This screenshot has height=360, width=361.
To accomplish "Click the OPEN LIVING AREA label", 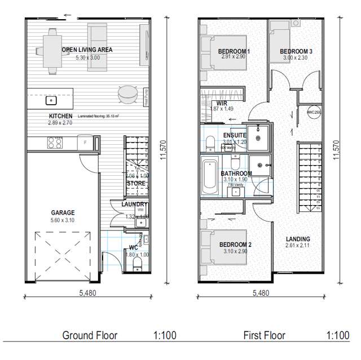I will point(87,50).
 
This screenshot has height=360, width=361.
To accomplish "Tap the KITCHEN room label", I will point(61,115).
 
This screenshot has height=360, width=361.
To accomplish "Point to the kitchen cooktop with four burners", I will point(54,143).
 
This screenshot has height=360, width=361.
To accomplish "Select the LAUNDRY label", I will point(134,204).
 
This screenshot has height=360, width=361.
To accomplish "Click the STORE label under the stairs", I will point(136,183).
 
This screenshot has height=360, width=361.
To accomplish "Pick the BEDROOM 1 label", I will point(234,52).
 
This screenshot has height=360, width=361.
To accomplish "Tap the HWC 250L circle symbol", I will point(314,112).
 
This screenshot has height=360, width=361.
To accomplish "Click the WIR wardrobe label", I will point(222,104).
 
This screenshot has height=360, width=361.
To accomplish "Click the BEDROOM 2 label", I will point(235,244).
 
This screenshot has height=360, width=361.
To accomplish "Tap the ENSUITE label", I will point(235,136).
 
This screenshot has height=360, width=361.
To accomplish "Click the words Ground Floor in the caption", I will point(90,335).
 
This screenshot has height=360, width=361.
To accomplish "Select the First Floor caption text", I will point(265,335).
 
